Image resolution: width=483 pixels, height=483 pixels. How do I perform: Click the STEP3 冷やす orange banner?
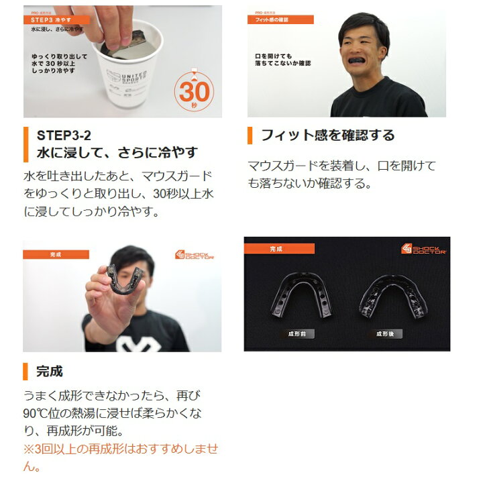coord(56,20)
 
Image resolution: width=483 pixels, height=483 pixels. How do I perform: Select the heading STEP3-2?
coord(64,136)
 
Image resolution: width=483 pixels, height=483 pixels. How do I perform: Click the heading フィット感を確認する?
coord(327,136)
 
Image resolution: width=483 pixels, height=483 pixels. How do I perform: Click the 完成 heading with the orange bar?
coord(50,371)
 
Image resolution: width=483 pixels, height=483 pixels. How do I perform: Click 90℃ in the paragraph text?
coord(39,413)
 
